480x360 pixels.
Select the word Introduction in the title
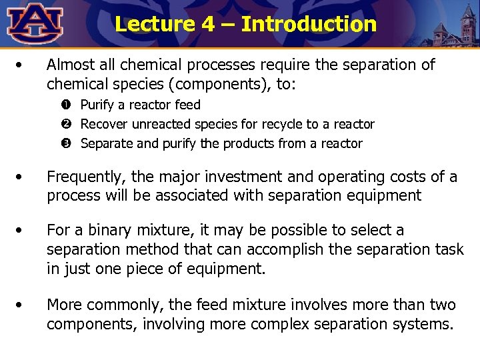[x=309, y=25]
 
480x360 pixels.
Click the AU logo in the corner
[x=35, y=23]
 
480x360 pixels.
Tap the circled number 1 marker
[x=68, y=105]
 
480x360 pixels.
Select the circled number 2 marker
[x=68, y=125]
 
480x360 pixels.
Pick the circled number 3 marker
[x=68, y=144]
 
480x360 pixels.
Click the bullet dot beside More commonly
[x=22, y=305]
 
